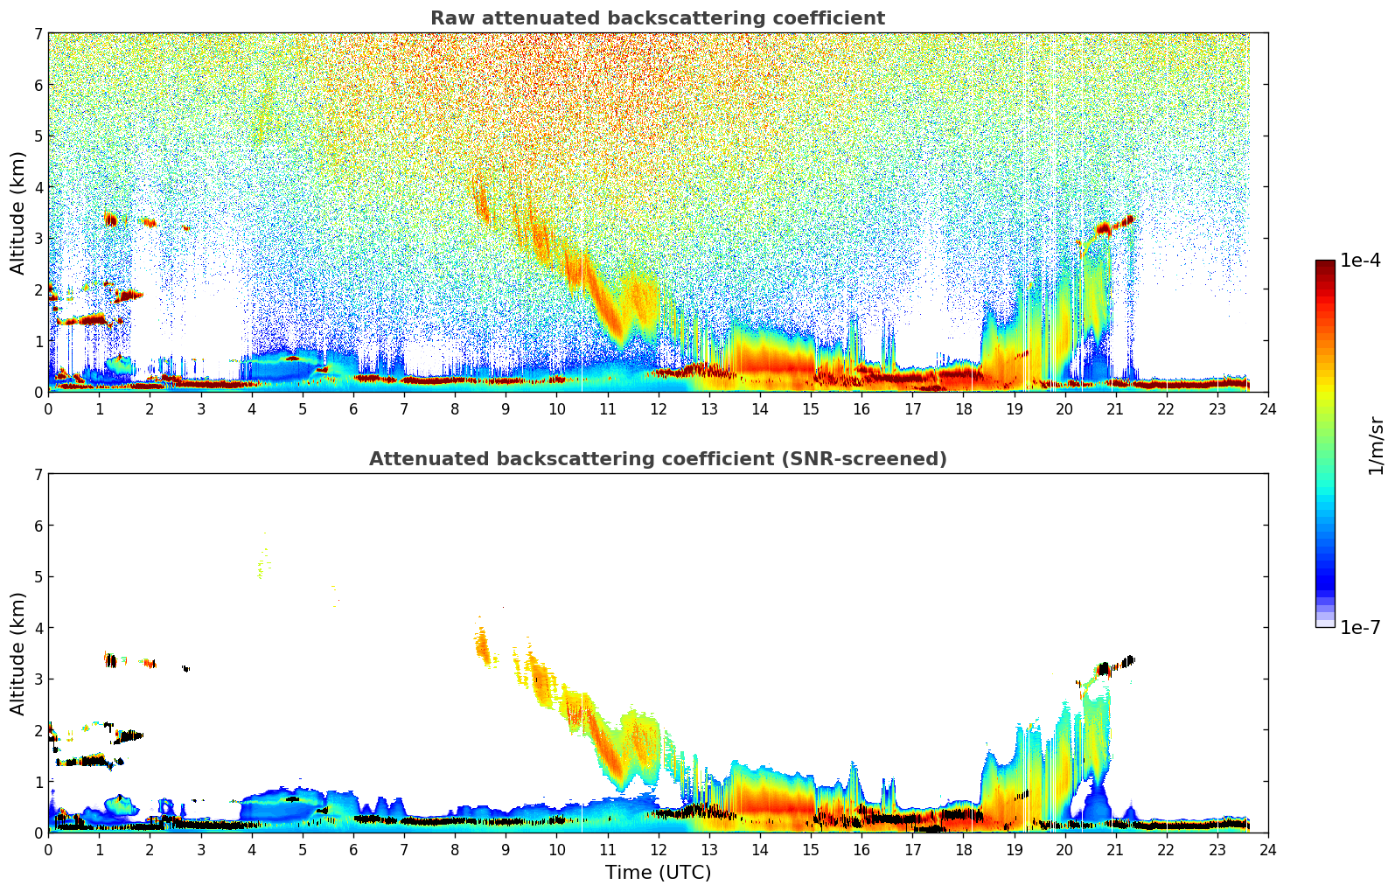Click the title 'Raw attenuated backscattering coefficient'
(x=657, y=18)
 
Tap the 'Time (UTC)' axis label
(x=658, y=873)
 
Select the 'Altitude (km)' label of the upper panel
(x=17, y=213)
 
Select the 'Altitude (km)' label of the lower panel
(x=17, y=653)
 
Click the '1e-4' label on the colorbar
(x=1360, y=261)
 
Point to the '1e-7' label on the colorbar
(x=1360, y=627)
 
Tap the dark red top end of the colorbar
(x=1325, y=264)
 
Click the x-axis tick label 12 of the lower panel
(x=658, y=850)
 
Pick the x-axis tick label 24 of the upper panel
(x=1268, y=409)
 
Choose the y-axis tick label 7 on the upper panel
(x=38, y=34)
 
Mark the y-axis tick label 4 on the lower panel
(x=38, y=628)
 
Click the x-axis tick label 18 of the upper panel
(x=963, y=409)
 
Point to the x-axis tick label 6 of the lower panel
(x=353, y=850)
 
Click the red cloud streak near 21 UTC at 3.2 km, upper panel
(x=1105, y=228)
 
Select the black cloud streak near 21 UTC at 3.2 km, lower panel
(x=1105, y=669)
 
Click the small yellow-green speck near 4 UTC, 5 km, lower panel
(x=260, y=571)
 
